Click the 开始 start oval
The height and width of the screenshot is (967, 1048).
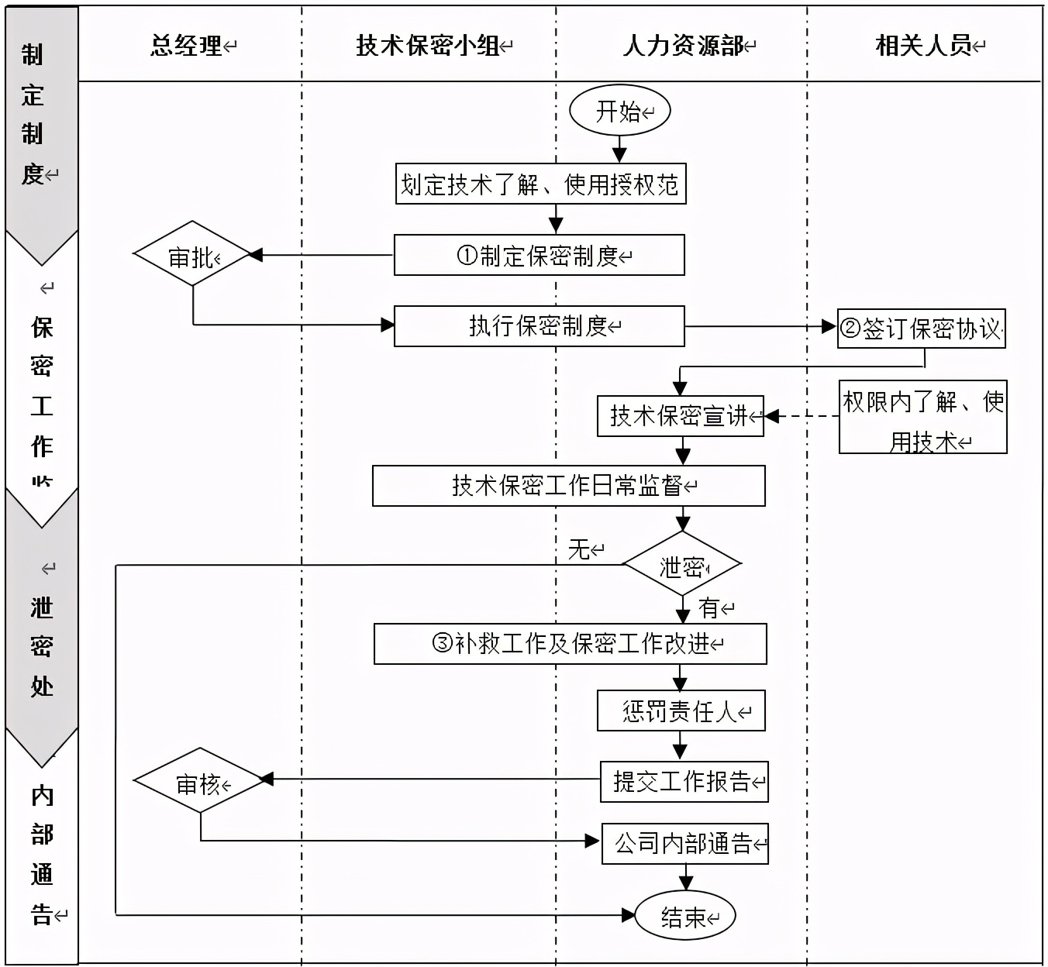(x=619, y=111)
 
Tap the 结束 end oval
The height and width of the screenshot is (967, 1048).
(x=684, y=917)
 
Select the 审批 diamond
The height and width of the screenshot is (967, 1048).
(x=192, y=255)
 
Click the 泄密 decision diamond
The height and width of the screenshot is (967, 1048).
(x=682, y=565)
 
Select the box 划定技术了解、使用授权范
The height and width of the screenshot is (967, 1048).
(x=540, y=184)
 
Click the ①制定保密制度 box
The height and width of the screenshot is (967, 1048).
(x=539, y=255)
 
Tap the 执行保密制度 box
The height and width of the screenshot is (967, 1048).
(x=539, y=325)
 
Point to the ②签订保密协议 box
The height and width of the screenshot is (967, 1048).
(x=921, y=329)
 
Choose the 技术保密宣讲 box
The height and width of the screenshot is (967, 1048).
(x=680, y=416)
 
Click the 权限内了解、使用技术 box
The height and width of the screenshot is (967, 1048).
(x=922, y=417)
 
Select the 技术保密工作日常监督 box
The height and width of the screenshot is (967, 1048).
(x=568, y=486)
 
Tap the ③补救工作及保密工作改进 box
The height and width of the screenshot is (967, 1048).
(x=570, y=643)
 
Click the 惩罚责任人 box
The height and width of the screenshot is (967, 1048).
(x=681, y=711)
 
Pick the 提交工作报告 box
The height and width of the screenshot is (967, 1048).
(x=684, y=781)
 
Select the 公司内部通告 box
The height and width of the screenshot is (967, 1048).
(x=684, y=843)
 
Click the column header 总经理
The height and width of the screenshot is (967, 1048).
(x=187, y=46)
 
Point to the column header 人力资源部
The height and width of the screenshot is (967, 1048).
(x=683, y=46)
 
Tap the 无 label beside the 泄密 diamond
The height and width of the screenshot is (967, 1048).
(x=579, y=549)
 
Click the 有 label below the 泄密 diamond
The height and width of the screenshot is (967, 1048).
(x=709, y=608)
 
